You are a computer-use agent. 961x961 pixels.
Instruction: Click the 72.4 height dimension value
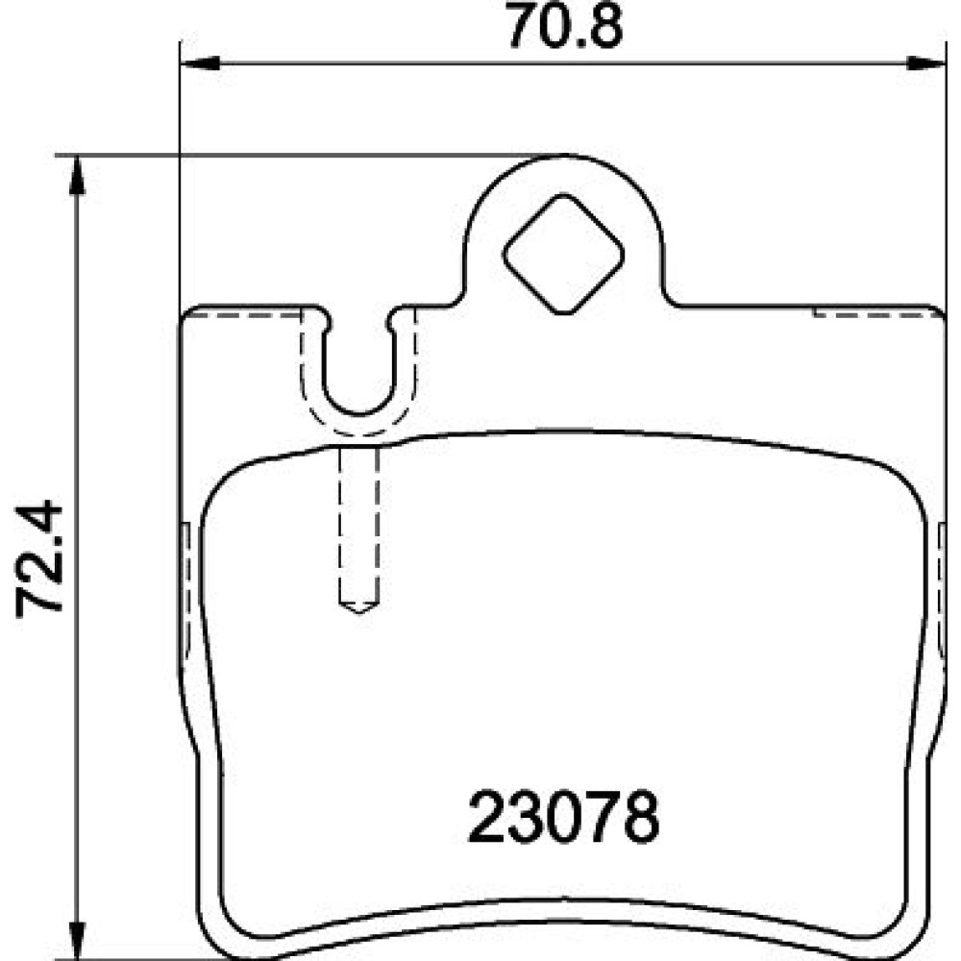click(x=39, y=557)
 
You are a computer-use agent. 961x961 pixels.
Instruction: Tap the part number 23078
click(x=563, y=817)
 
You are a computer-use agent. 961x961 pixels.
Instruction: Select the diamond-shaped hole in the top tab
click(x=563, y=254)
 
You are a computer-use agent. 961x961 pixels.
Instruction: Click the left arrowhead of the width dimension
click(x=201, y=62)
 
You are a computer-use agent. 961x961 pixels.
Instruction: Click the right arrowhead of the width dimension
click(x=926, y=62)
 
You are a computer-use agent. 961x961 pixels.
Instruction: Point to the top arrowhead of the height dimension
click(x=76, y=175)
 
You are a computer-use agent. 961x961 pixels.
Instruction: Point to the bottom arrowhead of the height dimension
click(x=76, y=939)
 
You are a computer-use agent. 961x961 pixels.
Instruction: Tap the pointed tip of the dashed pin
click(x=359, y=612)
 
